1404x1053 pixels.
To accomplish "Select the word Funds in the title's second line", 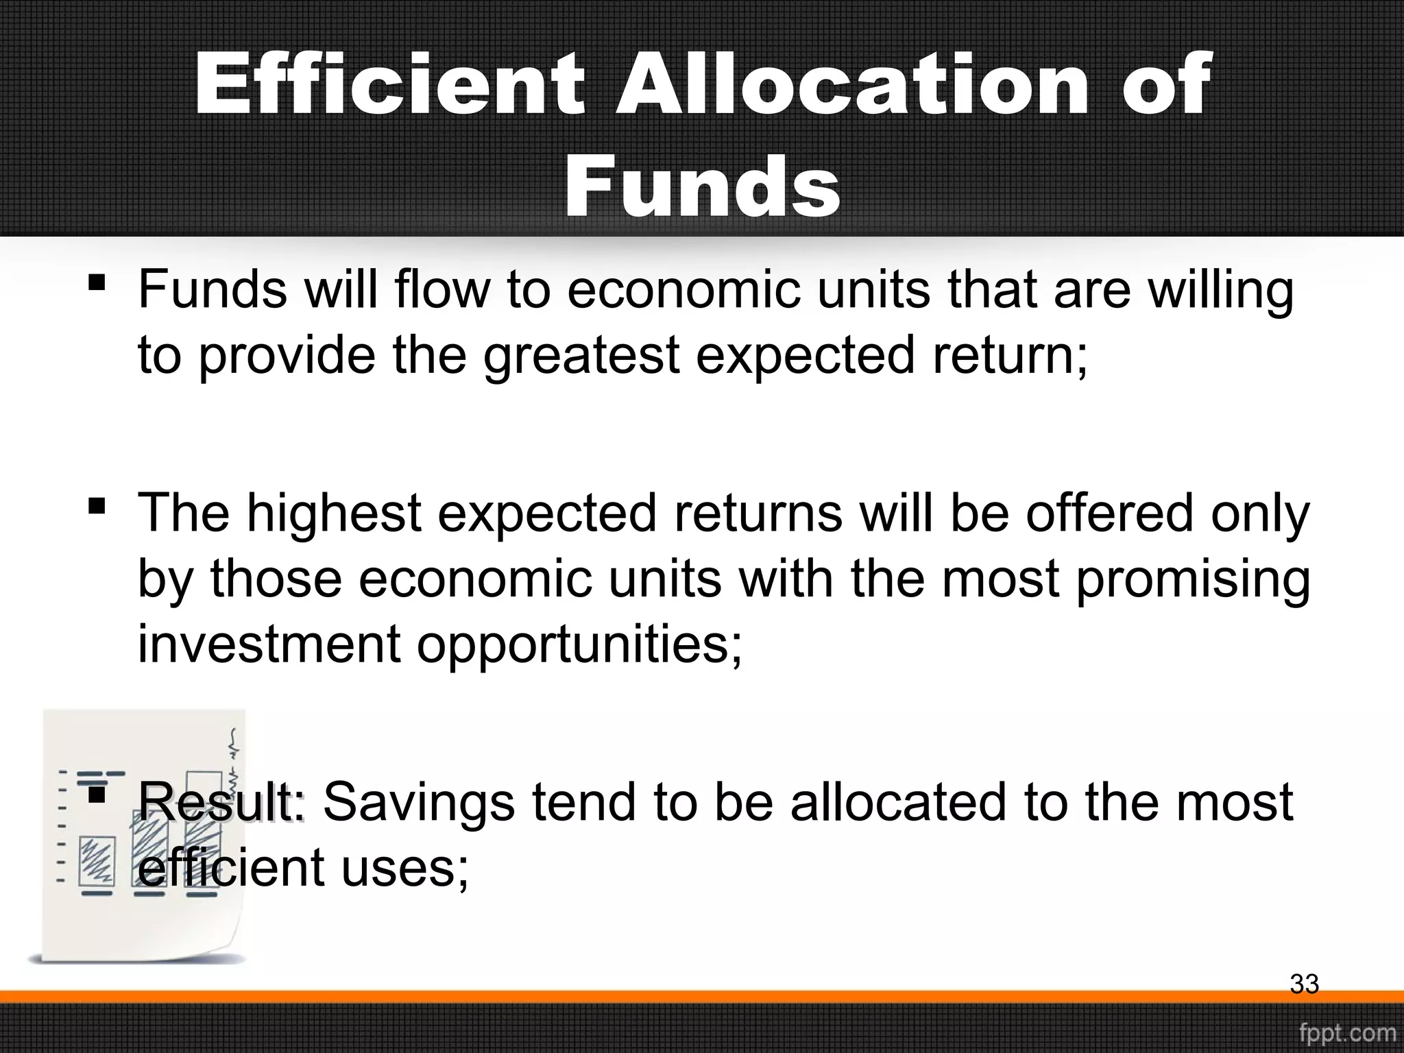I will [x=702, y=186].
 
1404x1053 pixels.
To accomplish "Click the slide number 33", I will [x=1304, y=984].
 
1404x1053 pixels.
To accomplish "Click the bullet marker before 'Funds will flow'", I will [x=97, y=282].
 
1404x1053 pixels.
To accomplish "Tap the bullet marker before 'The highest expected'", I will [x=97, y=506].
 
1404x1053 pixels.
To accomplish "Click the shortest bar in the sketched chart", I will [x=96, y=860].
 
